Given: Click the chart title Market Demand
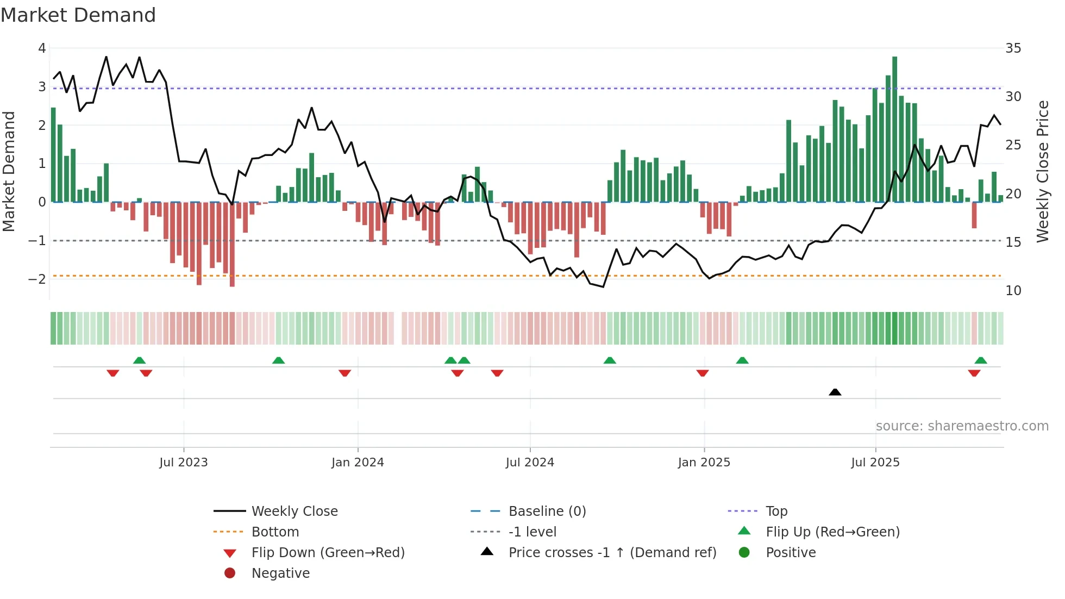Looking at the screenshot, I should tap(78, 15).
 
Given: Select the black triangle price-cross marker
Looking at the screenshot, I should tap(835, 392).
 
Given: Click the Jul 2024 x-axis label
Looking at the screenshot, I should tap(530, 463).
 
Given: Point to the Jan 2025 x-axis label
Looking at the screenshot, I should tap(704, 463).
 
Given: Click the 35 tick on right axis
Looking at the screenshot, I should tap(1013, 48).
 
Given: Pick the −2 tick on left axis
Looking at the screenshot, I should tap(37, 279).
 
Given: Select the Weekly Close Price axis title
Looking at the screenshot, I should tap(1042, 171).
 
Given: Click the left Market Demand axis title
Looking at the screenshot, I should tap(9, 171).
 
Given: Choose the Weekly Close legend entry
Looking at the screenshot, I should tap(294, 511).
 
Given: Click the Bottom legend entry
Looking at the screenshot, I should tap(275, 532).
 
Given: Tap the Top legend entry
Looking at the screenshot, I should tap(776, 511).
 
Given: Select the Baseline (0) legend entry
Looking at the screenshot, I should tap(547, 511).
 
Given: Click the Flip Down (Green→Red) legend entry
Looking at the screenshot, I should tap(328, 553).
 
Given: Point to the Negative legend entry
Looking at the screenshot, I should tap(280, 573).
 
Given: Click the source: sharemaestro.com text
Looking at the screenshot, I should tap(962, 426).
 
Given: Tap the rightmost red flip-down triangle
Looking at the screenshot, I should tap(974, 373).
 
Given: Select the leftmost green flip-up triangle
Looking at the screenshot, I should tap(139, 360).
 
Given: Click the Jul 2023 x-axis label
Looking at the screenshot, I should tap(184, 463).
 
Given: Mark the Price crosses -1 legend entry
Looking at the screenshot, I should tap(612, 553).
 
